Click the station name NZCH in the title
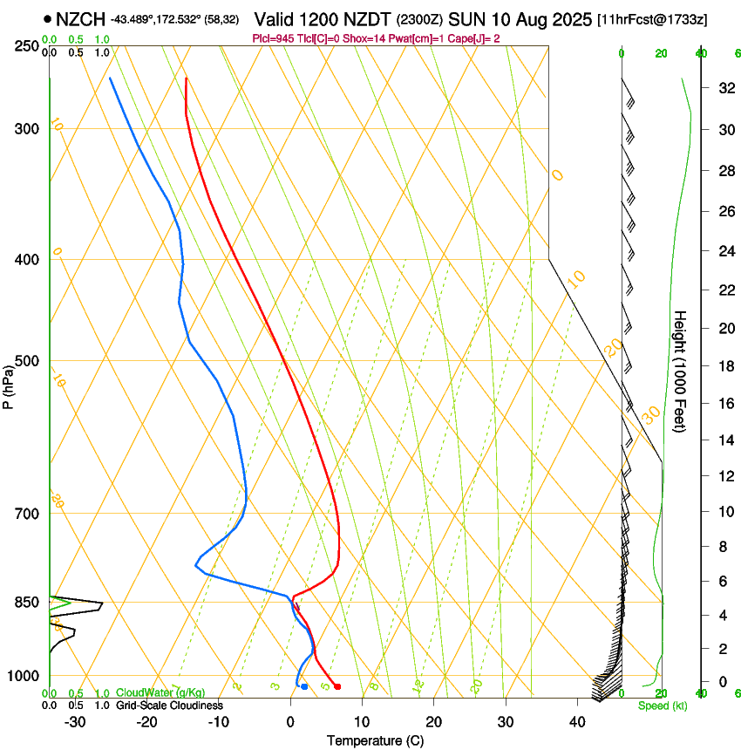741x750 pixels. click(x=81, y=19)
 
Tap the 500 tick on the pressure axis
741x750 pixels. click(x=28, y=361)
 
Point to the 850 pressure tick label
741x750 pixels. click(x=28, y=603)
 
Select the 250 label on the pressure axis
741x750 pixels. click(x=28, y=45)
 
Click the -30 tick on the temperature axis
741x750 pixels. click(x=75, y=721)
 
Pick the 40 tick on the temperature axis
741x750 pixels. click(x=576, y=721)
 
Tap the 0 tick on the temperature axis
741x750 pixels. click(x=290, y=721)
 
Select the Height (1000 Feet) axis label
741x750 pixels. click(x=681, y=372)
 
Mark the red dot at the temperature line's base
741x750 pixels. click(x=337, y=686)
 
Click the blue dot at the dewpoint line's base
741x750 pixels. click(x=303, y=686)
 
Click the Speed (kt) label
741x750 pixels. click(x=662, y=706)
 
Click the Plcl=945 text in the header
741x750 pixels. click(x=273, y=38)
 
